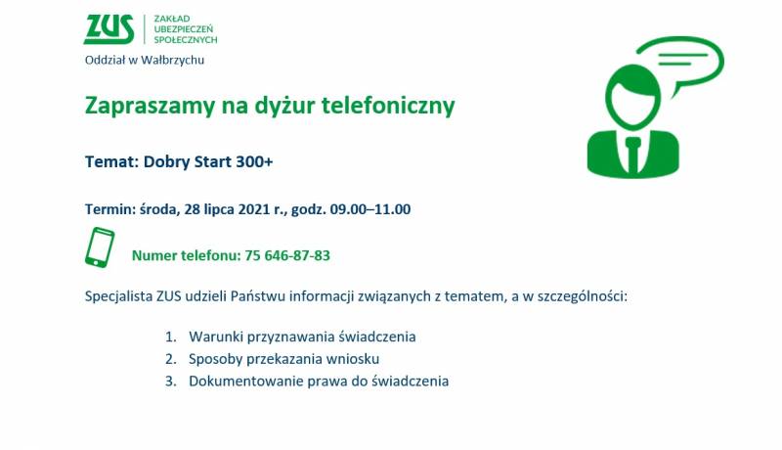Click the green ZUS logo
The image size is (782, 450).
click(x=109, y=29)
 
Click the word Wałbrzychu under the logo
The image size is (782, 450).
click(x=173, y=61)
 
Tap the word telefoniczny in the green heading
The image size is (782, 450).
click(x=388, y=106)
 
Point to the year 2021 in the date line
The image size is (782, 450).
click(x=254, y=209)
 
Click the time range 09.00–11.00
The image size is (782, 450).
click(x=370, y=209)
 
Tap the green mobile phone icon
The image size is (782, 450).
click(x=100, y=247)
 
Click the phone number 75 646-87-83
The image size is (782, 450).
click(x=287, y=255)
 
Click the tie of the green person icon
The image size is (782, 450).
click(x=633, y=154)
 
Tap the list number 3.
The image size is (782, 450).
click(x=171, y=382)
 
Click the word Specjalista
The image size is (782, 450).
click(x=118, y=296)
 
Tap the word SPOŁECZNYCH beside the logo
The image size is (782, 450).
click(x=186, y=40)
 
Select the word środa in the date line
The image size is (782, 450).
click(x=159, y=209)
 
